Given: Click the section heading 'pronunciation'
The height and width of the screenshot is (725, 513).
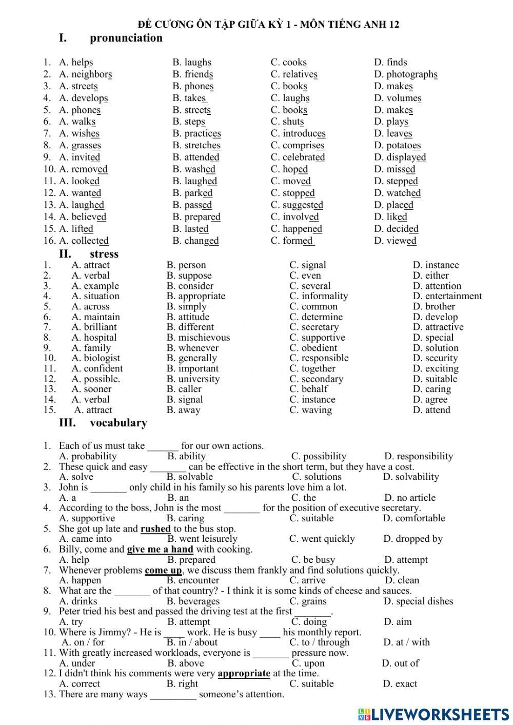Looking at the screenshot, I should click(x=126, y=38).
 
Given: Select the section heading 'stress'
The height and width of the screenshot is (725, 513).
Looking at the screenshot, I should click(x=104, y=254).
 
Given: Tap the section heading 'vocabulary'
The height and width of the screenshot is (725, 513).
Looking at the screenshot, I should click(x=118, y=423).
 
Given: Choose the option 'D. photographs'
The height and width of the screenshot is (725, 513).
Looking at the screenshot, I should click(x=406, y=74).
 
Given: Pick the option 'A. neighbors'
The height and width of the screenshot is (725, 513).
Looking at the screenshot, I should click(x=85, y=74).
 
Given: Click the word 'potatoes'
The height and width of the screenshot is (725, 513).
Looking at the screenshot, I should click(x=403, y=146).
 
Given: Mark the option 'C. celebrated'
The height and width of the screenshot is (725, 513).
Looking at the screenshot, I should click(x=298, y=158).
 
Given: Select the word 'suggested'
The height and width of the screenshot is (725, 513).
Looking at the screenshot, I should click(x=303, y=205).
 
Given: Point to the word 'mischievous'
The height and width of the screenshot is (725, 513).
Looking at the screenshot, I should click(x=204, y=338).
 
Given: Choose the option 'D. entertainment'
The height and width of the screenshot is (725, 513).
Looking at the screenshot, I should click(x=447, y=296).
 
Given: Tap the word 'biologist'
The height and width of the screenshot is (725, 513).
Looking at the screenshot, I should click(x=102, y=358).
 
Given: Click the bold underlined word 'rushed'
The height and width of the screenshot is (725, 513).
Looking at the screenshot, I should click(x=155, y=528).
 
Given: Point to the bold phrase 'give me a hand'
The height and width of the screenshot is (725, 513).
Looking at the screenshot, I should click(x=160, y=550).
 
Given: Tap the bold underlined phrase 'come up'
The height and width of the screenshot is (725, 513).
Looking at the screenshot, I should click(x=163, y=570).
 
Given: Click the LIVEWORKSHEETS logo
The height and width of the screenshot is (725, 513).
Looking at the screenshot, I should click(x=433, y=714).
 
